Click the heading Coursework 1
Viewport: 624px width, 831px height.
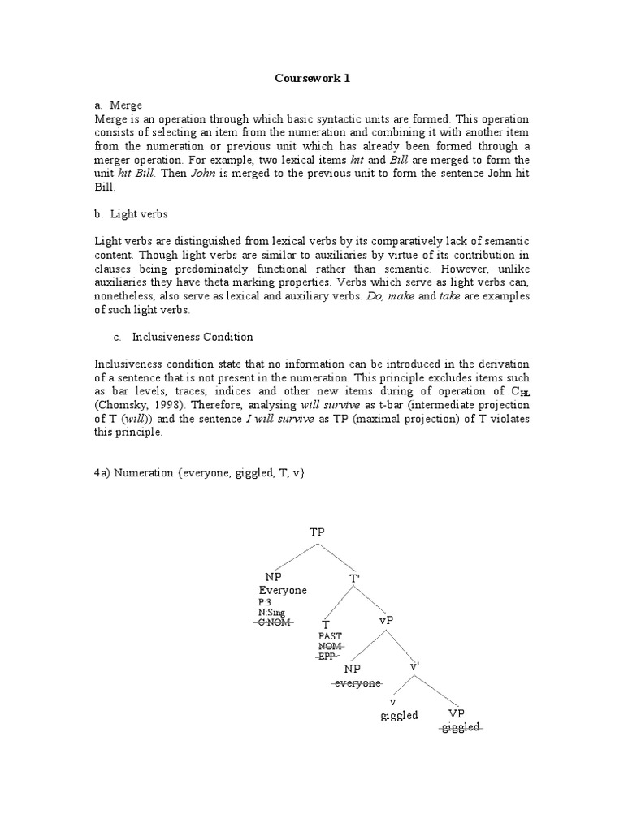pos(312,79)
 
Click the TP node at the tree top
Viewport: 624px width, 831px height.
pos(317,532)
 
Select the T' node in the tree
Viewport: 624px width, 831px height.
pos(355,578)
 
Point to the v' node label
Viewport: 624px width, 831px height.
pos(414,665)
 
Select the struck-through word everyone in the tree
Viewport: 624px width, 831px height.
pos(357,683)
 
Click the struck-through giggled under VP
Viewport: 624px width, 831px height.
pos(461,727)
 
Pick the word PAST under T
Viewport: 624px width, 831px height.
pos(331,636)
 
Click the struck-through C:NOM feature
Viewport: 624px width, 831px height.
pos(273,622)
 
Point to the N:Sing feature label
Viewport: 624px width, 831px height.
pos(271,613)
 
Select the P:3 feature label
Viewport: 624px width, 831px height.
pos(264,603)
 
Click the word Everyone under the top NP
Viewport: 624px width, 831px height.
pos(284,590)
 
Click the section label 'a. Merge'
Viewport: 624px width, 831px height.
pos(119,105)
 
